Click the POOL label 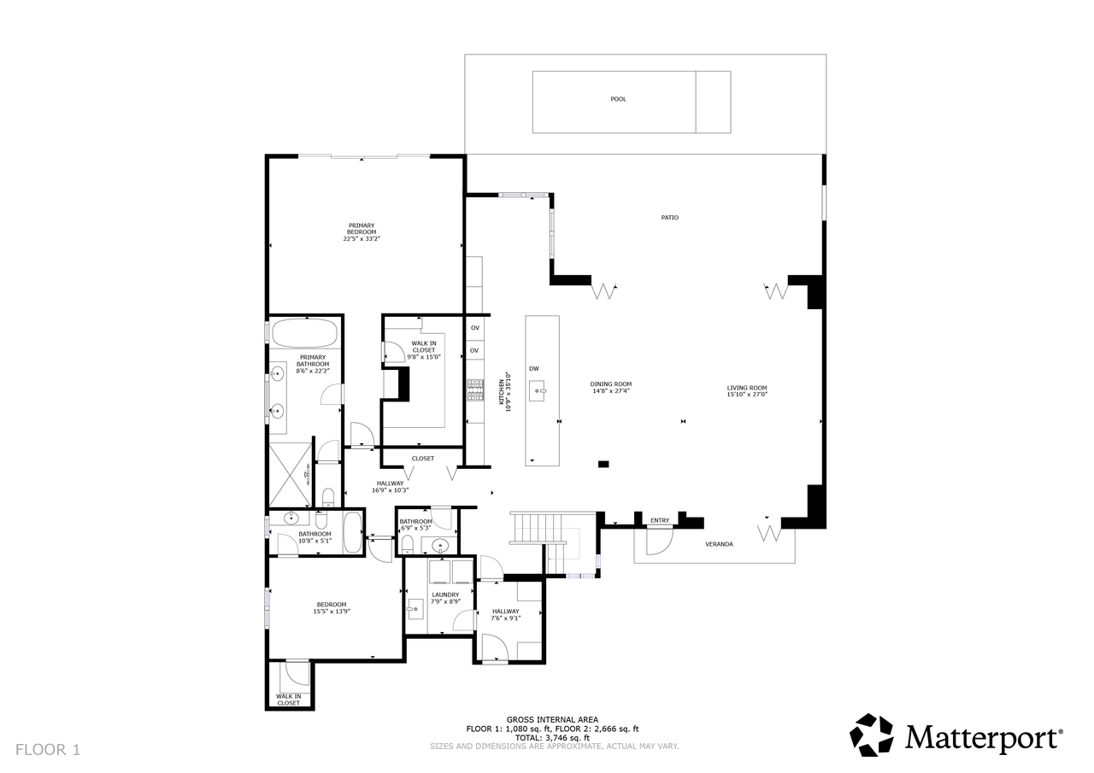click(x=618, y=99)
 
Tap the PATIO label click(x=669, y=218)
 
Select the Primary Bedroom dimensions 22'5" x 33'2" click(x=362, y=239)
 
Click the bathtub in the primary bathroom click(x=304, y=333)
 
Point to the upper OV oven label click(x=474, y=328)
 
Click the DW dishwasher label click(x=534, y=369)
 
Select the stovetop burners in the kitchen click(x=475, y=389)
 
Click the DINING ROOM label click(x=610, y=384)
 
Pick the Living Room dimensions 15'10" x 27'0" click(x=747, y=395)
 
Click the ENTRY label click(x=659, y=520)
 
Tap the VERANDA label click(x=719, y=544)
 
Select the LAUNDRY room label click(x=445, y=594)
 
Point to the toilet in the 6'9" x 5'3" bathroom click(x=407, y=545)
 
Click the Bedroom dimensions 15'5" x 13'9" click(x=332, y=612)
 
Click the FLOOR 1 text click(x=48, y=750)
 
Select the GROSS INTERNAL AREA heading click(x=552, y=719)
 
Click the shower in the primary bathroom click(x=290, y=475)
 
